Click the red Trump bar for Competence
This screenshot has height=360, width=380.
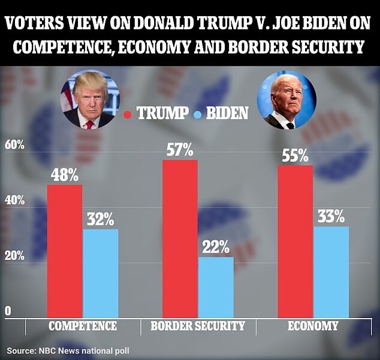pos(65,251)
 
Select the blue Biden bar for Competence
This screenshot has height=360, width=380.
pos(101,274)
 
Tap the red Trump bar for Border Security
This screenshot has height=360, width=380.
pos(180,238)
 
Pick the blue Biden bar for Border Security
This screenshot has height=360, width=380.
pos(216,288)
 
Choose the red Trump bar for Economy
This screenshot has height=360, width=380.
pos(295,241)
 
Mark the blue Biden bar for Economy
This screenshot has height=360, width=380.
pos(331,272)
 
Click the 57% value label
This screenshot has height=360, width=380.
pos(180,150)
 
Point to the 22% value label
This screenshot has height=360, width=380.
pos(216,247)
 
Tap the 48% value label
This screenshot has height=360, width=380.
pos(65,175)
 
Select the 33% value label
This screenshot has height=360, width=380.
pos(331,216)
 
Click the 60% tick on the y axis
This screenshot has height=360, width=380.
pos(14,146)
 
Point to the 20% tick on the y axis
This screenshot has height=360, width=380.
pos(14,256)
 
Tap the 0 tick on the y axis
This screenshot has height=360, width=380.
pos(8,311)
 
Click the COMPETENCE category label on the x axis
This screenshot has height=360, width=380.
pos(83,326)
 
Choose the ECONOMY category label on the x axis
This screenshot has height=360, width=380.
pos(313,326)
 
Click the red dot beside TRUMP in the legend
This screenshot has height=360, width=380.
pos(128,114)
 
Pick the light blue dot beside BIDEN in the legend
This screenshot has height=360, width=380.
pos(198,114)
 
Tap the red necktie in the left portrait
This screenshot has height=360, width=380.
pos(89,125)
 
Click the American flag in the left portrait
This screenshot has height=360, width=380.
pos(67,96)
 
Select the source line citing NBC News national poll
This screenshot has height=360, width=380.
pos(68,350)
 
